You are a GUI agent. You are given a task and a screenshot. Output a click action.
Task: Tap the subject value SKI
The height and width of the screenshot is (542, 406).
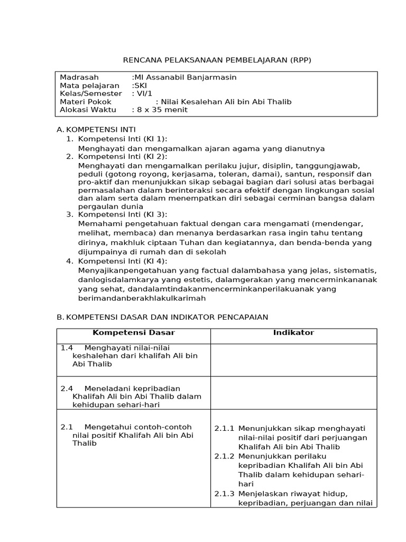click(141, 85)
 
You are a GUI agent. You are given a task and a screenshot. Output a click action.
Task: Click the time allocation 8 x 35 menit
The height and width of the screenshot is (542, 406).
click(160, 110)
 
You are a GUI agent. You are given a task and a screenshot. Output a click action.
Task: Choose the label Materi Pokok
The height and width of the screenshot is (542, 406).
click(82, 102)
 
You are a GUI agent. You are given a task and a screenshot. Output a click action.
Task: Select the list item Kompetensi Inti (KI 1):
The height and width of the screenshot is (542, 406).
click(122, 139)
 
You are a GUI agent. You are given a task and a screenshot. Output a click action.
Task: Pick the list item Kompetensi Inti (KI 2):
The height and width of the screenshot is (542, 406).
click(122, 156)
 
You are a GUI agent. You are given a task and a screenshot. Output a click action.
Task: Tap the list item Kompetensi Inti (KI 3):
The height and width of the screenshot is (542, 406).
click(122, 214)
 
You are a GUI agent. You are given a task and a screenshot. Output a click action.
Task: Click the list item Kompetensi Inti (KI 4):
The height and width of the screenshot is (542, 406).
click(122, 261)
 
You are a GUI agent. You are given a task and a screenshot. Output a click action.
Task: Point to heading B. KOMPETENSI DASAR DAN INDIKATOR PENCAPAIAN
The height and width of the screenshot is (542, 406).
click(162, 317)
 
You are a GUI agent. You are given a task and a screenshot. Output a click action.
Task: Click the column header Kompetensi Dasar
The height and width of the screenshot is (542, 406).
click(133, 333)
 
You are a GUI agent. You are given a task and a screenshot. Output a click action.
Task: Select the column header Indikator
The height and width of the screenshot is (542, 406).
click(293, 333)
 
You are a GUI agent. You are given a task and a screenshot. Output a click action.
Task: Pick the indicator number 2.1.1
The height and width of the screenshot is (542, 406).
click(224, 428)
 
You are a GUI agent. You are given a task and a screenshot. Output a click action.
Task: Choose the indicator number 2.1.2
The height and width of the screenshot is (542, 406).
click(224, 456)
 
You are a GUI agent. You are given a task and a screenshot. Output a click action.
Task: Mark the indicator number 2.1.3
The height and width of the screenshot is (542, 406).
click(224, 494)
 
